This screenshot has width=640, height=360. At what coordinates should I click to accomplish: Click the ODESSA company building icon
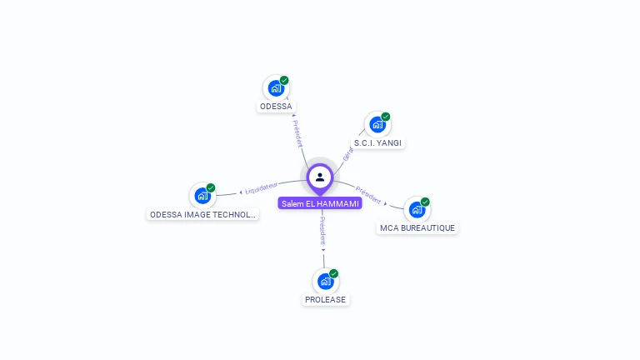276,88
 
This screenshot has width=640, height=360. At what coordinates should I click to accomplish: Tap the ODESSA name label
276,107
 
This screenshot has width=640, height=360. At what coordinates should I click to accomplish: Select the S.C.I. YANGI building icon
377,125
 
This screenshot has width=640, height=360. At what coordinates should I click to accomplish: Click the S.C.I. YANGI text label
377,143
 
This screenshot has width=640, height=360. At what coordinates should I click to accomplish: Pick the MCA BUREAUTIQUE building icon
417,209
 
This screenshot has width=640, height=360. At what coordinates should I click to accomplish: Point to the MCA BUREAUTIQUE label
417,227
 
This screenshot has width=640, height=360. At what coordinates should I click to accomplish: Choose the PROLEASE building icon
325,282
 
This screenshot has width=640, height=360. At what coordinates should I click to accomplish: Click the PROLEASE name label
325,300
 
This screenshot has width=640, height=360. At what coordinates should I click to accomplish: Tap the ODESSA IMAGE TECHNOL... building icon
202,196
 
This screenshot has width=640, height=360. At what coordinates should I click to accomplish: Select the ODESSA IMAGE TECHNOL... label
202,214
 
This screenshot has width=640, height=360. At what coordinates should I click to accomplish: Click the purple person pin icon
320,177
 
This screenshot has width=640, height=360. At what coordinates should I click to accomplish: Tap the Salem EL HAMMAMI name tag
320,203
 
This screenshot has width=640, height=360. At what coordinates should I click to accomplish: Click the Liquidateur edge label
262,188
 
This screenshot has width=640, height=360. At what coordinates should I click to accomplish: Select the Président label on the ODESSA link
298,133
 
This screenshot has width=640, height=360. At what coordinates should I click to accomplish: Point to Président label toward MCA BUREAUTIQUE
368,195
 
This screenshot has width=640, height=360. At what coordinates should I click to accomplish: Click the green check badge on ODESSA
284,81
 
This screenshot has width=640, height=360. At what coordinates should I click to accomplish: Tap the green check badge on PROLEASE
333,273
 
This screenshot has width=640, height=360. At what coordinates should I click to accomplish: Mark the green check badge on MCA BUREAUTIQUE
425,202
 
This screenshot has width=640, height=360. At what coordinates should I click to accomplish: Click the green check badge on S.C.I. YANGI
386,117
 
